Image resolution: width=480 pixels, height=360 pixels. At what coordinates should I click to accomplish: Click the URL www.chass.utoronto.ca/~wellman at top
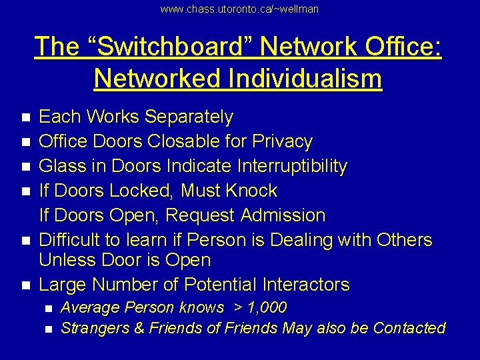[x=240, y=9]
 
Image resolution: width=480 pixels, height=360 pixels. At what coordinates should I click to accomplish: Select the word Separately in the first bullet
[x=189, y=117]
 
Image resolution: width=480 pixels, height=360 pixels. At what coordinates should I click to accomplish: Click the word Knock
[x=251, y=191]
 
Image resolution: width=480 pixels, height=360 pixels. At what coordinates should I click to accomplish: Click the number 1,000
[x=265, y=308]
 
